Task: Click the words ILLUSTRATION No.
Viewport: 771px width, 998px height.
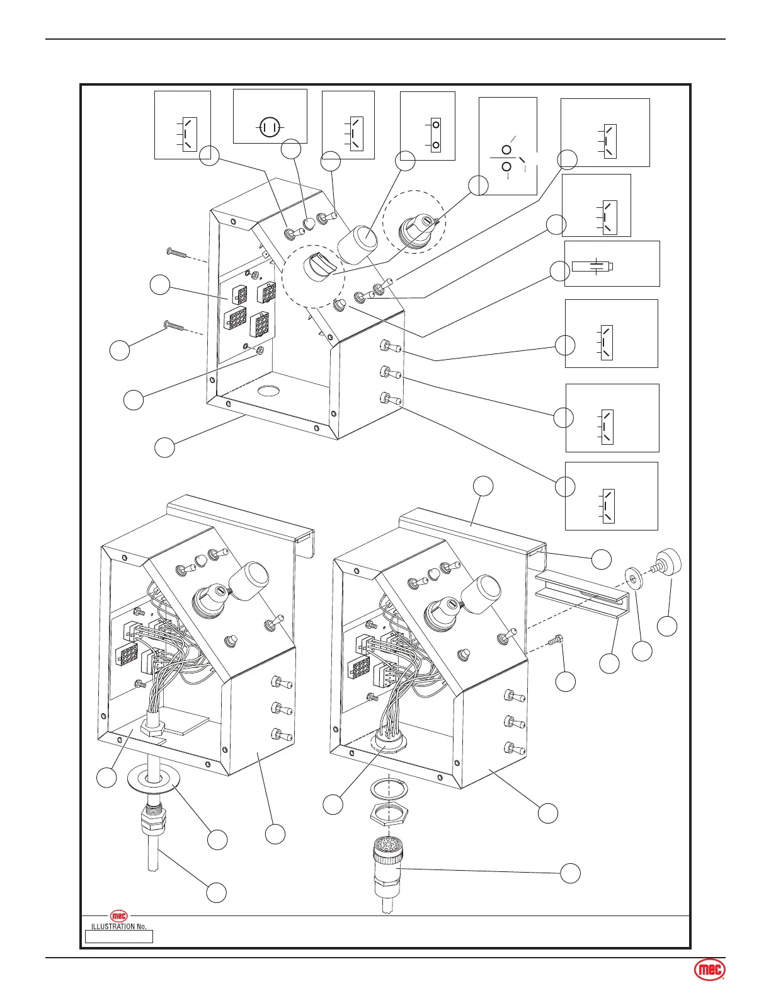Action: [x=119, y=926]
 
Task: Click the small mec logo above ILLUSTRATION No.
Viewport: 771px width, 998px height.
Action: [x=119, y=915]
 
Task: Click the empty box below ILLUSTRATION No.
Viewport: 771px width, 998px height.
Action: [x=119, y=937]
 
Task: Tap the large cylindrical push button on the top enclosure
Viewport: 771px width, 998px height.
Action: [x=358, y=243]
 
